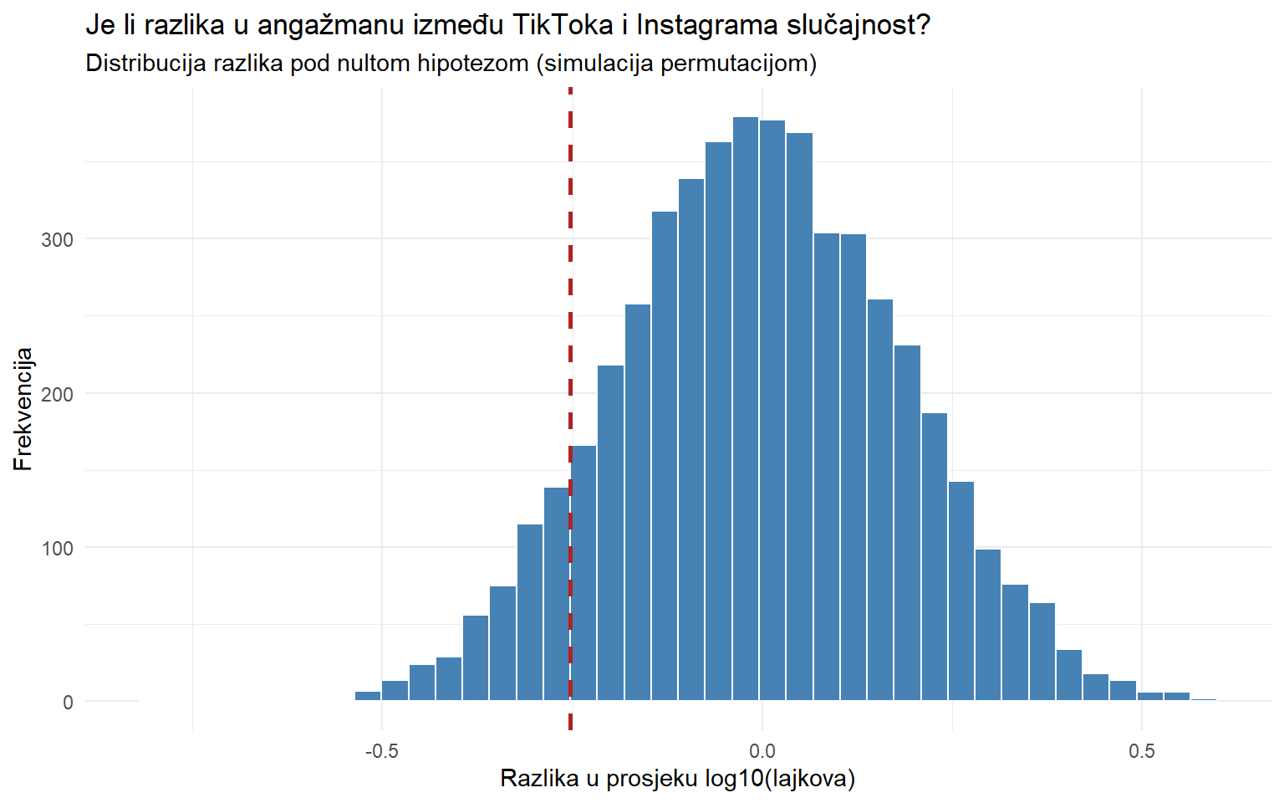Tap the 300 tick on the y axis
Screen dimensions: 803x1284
[x=57, y=240]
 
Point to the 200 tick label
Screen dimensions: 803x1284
[x=57, y=394]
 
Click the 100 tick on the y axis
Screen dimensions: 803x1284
[x=57, y=549]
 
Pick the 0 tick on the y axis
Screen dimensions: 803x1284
[x=68, y=703]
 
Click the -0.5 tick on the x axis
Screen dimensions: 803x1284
[x=381, y=750]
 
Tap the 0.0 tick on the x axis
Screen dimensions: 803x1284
[x=762, y=750]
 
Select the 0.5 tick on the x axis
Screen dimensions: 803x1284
[x=1142, y=750]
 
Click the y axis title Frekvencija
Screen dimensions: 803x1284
[x=23, y=409]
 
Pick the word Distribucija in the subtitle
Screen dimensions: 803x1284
[x=145, y=64]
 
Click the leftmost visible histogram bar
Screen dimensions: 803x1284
[x=368, y=696]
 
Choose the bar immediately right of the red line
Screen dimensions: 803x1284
[x=583, y=577]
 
